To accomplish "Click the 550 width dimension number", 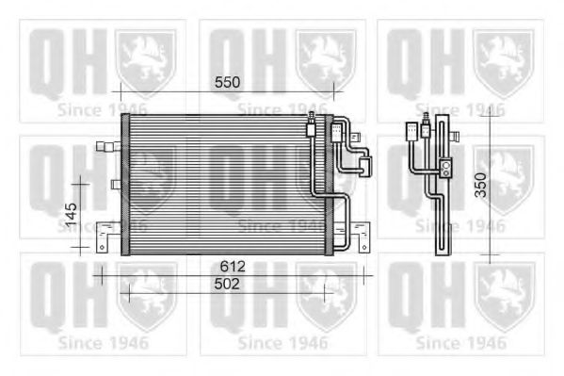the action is click(x=227, y=83).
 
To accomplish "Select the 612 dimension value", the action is click(x=233, y=266).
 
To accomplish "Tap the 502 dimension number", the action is click(x=227, y=285).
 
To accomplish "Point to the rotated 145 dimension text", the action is click(x=72, y=214).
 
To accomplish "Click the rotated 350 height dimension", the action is click(x=480, y=185).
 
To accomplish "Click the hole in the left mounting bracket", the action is click(x=102, y=248).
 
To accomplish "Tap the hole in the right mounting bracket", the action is click(x=364, y=248).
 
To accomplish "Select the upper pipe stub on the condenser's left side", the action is click(x=108, y=146).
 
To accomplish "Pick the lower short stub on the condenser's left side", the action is click(x=116, y=185).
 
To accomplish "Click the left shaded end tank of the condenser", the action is click(x=125, y=185).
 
